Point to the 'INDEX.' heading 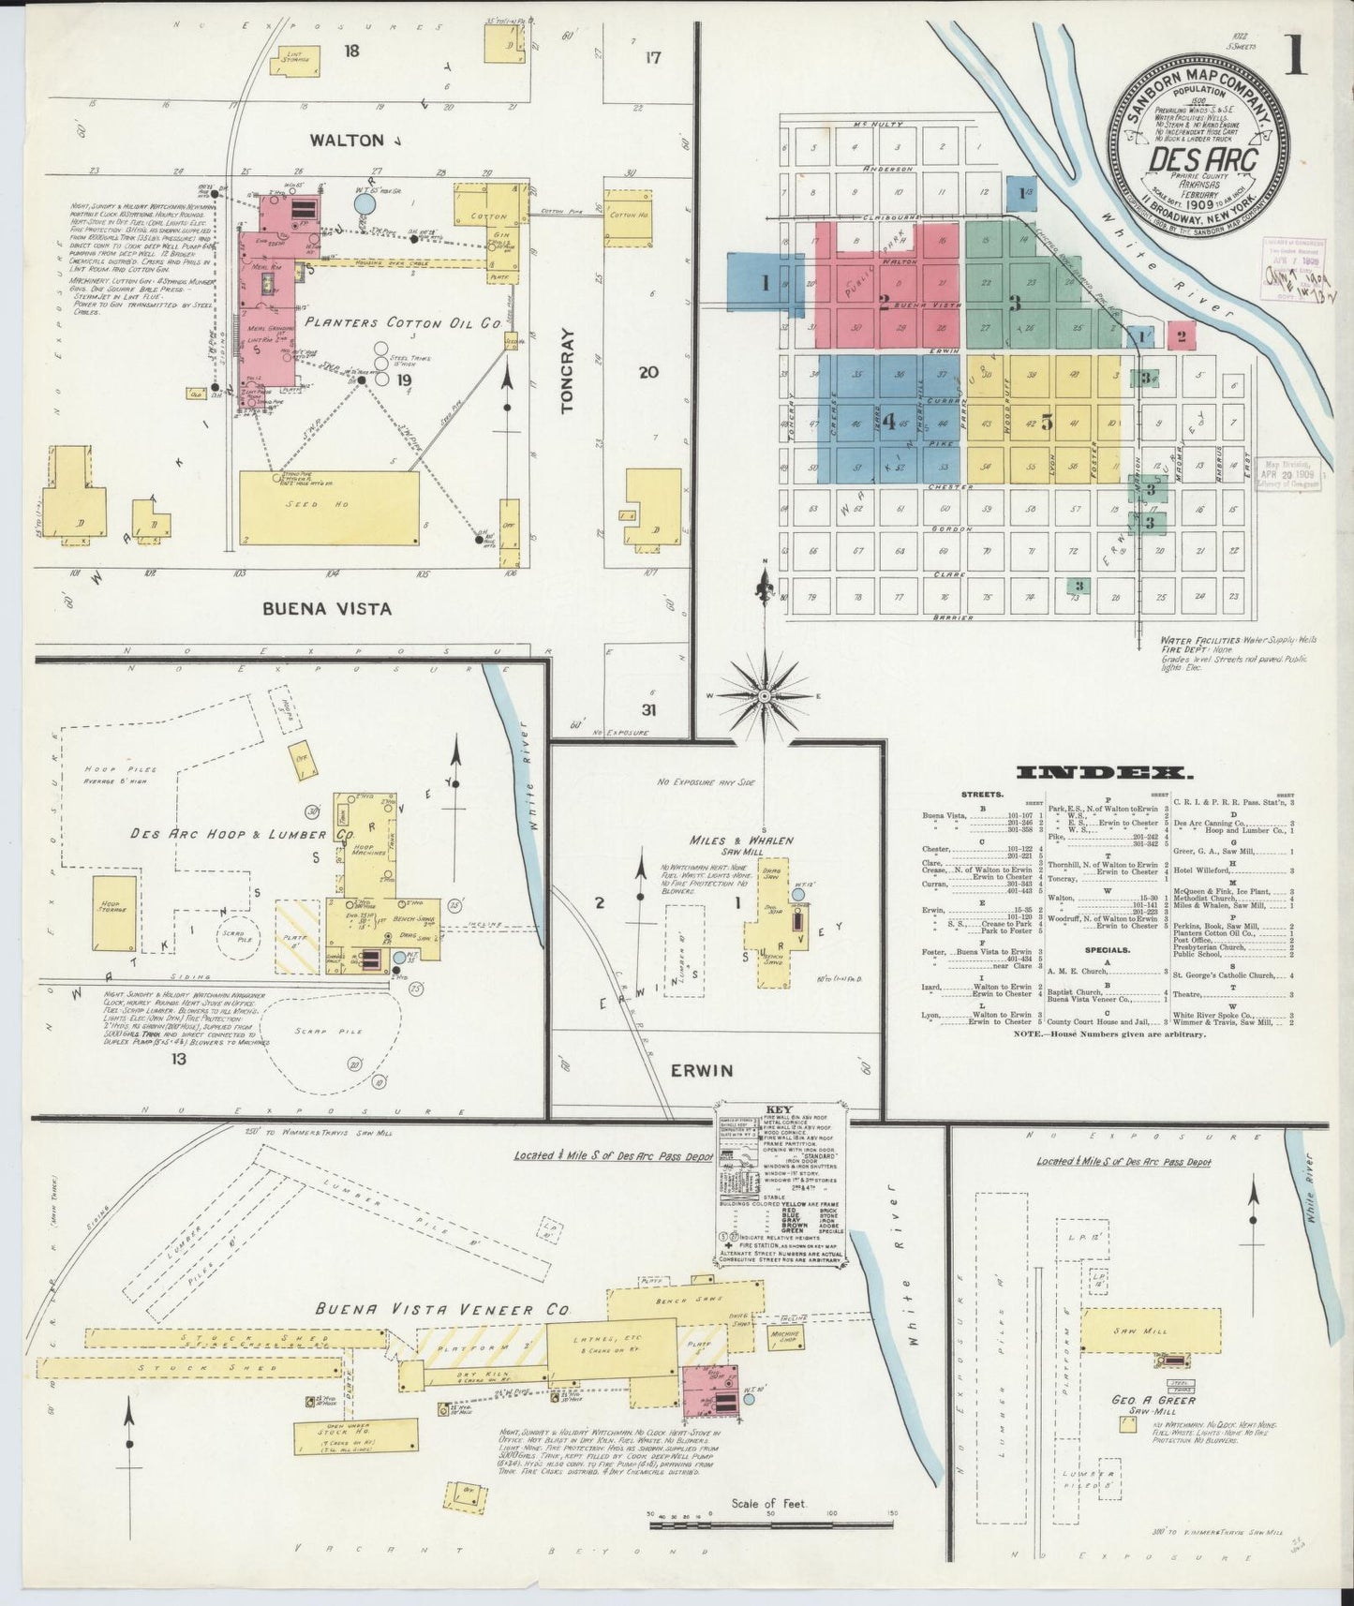click(x=1105, y=773)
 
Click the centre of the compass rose click(x=765, y=696)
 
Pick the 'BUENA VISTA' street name click(x=327, y=608)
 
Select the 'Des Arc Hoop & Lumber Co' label click(x=242, y=834)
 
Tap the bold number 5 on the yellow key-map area click(x=1046, y=423)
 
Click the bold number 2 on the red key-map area click(x=884, y=302)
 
